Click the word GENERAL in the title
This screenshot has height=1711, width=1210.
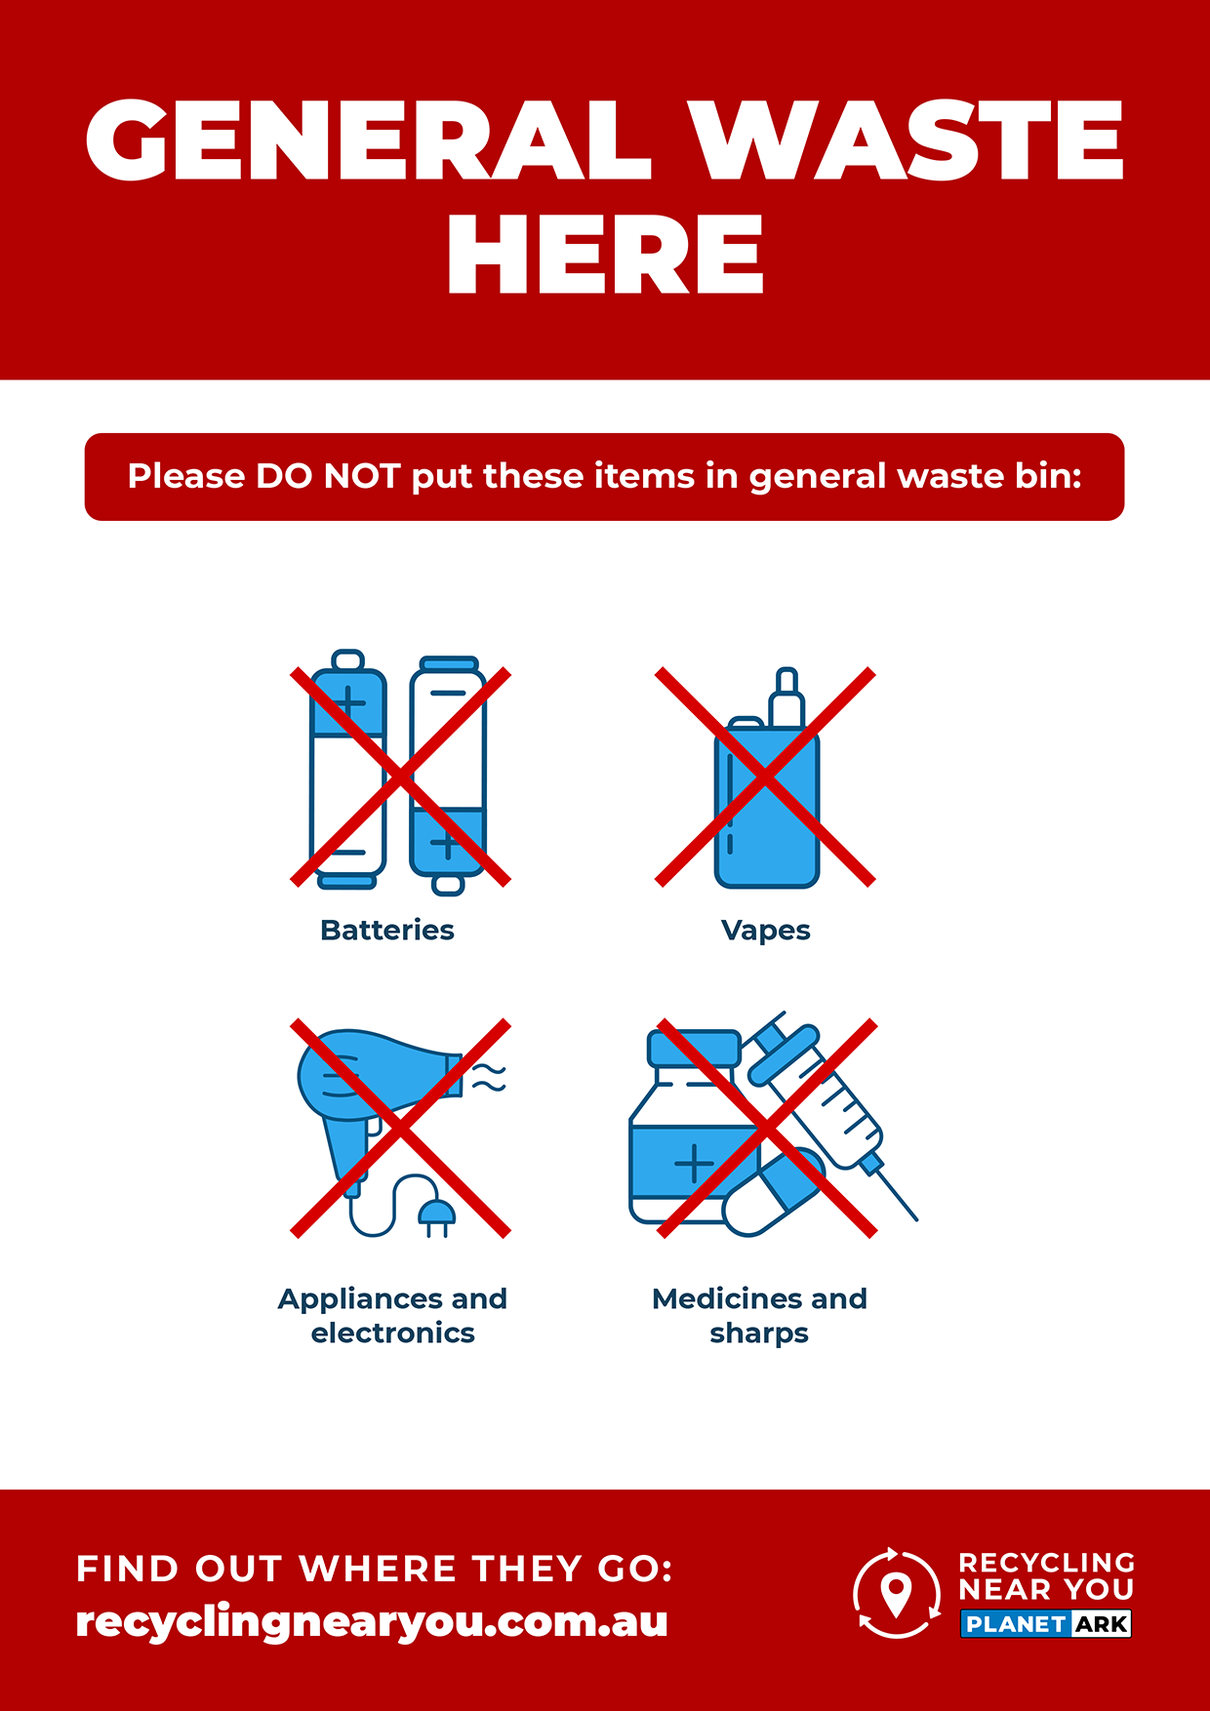[368, 139]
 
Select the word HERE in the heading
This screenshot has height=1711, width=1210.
[605, 255]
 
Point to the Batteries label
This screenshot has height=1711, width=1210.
[387, 930]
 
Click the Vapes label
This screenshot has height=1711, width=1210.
[766, 931]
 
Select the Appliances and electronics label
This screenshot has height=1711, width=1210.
[392, 1316]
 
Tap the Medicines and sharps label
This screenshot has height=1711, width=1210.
[759, 1316]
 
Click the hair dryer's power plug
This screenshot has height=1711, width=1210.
[436, 1217]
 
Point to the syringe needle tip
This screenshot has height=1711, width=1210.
[916, 1219]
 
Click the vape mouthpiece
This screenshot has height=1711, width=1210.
[786, 696]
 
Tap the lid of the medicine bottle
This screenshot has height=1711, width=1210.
[695, 1048]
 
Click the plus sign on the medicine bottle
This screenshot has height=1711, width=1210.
[694, 1164]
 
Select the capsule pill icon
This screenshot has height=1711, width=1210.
[774, 1193]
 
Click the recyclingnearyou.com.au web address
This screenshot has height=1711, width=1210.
[372, 1622]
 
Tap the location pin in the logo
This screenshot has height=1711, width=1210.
[896, 1594]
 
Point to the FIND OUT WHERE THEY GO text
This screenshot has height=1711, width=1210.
[375, 1569]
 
